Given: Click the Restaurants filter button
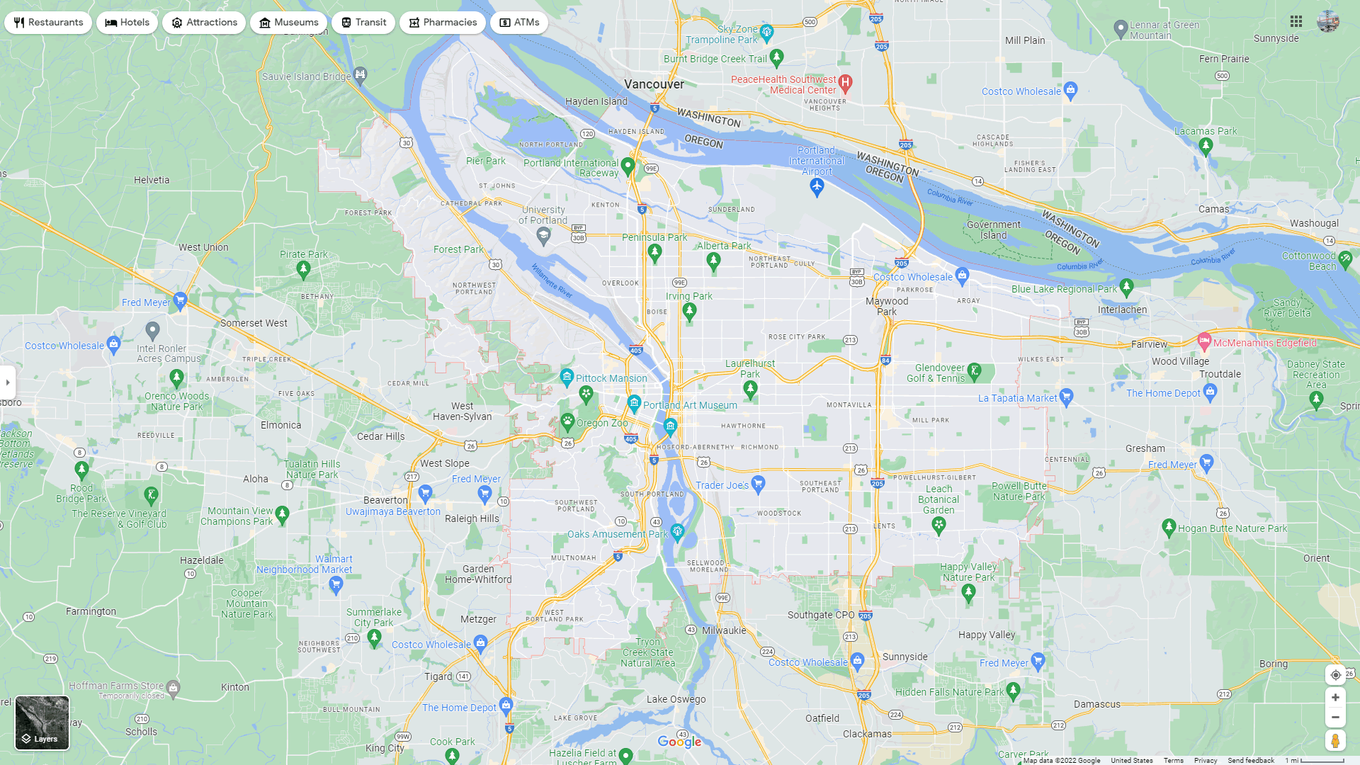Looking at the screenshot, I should coord(48,23).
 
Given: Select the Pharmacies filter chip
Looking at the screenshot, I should coord(442,23).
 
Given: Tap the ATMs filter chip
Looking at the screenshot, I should coord(519,23).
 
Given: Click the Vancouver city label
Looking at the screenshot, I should coord(654,84).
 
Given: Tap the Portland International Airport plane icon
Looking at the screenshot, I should coord(817,186).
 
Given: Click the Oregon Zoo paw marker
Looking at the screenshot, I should coord(567,421).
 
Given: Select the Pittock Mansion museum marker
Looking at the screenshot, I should coord(567,376).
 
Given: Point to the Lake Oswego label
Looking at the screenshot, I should coord(676,699).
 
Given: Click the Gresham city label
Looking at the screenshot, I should coord(1145,448).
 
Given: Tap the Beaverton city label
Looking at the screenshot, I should coord(385,500).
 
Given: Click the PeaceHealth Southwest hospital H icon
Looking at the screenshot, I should coord(845,82).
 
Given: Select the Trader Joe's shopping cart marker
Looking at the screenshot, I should coord(758,483).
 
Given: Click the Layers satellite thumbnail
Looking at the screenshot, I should coord(42,722).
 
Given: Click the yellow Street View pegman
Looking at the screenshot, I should coord(1335,741).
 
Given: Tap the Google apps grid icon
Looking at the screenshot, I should coord(1296,22).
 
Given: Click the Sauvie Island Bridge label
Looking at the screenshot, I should coord(306,76).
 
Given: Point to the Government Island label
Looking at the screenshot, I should coord(993,230).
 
